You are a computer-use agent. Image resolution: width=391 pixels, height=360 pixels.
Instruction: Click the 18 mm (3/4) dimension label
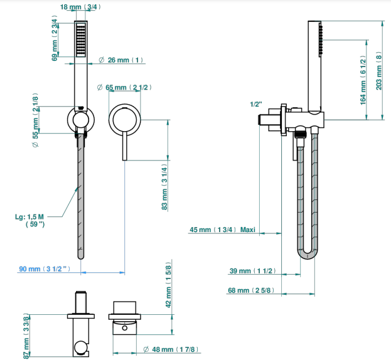click(x=80, y=7)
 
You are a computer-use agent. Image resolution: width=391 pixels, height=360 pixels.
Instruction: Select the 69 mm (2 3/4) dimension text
click(x=55, y=38)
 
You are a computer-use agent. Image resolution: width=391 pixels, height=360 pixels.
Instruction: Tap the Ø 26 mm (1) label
click(x=121, y=60)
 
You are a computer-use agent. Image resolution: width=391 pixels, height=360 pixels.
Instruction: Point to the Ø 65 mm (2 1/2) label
click(x=124, y=87)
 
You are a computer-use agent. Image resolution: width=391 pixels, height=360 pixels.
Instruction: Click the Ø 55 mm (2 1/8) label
click(x=35, y=120)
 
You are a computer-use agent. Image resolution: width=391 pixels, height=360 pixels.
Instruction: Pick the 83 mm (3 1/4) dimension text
click(x=164, y=187)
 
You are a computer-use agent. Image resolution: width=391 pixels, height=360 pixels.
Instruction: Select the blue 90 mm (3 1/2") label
click(x=45, y=269)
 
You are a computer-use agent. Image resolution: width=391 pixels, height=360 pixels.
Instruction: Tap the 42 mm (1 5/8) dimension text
click(x=169, y=285)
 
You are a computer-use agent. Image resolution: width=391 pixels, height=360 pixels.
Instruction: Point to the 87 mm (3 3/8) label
click(x=26, y=336)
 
